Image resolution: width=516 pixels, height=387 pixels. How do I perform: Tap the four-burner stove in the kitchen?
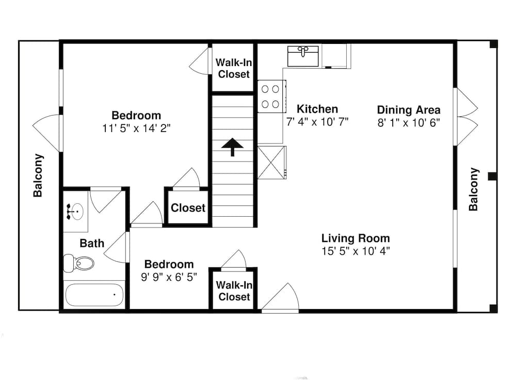pos(271,96)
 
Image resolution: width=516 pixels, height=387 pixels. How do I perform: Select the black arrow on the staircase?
pos(232,147)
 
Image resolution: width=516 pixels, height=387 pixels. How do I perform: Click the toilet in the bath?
pos(79,264)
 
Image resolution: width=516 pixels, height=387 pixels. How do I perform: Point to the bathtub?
pos(94,295)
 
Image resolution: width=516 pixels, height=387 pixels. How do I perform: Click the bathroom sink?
pos(75,211)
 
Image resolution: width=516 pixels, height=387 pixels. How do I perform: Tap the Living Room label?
pos(356,238)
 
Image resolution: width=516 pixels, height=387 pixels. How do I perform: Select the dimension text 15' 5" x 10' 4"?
pos(356,251)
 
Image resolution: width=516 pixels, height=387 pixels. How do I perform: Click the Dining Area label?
pos(409,110)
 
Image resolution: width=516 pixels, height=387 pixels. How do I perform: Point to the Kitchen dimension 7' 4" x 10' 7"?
pos(317,122)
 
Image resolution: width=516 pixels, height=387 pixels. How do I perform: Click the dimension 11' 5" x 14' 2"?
pos(136,128)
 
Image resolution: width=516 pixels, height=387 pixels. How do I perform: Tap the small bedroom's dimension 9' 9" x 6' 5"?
pos(169,278)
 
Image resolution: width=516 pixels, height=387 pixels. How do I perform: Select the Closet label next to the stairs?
pos(188,208)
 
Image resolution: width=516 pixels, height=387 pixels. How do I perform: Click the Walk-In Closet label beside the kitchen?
pos(234,68)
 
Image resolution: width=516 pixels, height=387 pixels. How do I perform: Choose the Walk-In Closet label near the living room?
pos(234,291)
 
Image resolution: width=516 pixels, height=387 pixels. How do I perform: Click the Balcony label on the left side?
pos(38,175)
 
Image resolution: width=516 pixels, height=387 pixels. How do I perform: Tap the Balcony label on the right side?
pos(474,189)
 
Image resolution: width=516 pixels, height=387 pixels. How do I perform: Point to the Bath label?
pos(92,243)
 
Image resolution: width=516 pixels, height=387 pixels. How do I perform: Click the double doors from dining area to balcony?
pos(466,117)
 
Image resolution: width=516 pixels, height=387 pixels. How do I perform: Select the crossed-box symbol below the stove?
pos(271,163)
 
